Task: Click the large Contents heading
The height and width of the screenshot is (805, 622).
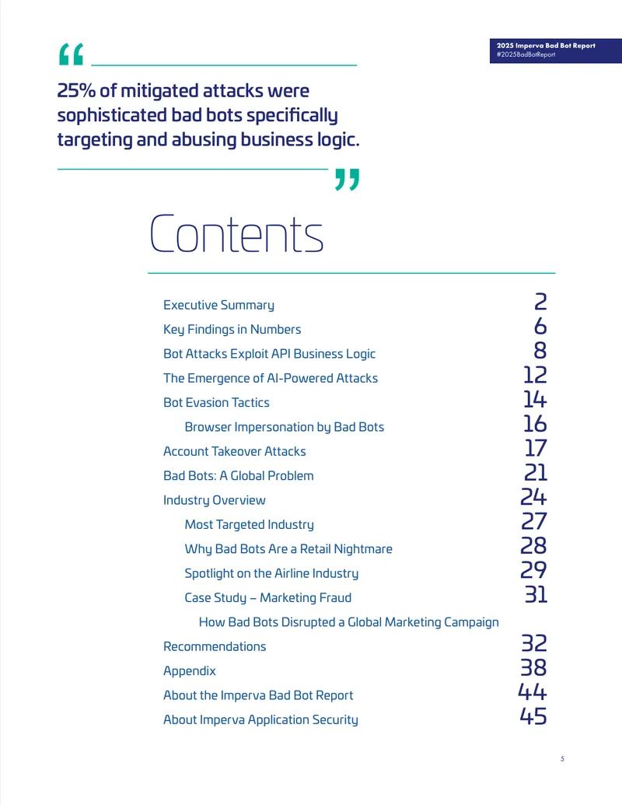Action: tap(236, 233)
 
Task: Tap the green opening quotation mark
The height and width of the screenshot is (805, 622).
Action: tap(72, 54)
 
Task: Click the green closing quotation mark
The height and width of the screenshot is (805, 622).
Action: tap(348, 179)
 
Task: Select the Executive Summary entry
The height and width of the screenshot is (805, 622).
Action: tap(218, 305)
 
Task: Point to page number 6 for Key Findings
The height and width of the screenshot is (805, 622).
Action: tap(540, 326)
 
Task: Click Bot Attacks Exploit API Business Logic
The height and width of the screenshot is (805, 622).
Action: tap(270, 354)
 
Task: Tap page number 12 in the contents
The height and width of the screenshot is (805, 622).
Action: tap(535, 375)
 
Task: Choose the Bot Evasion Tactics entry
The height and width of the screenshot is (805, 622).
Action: tap(216, 403)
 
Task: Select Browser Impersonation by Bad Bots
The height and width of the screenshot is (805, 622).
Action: tap(285, 427)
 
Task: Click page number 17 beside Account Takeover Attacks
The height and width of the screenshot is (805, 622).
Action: tap(536, 448)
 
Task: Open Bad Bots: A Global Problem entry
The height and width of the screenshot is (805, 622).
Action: tap(238, 476)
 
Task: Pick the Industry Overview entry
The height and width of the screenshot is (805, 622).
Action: tap(215, 500)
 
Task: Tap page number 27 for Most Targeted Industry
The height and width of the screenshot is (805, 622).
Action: tap(534, 521)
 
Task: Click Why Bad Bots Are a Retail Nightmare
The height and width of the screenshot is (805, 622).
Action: tap(288, 549)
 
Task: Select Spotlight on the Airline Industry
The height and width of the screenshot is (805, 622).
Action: tap(271, 573)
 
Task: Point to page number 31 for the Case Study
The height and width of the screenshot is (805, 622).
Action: tap(536, 594)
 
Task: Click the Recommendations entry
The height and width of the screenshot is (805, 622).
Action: tap(215, 646)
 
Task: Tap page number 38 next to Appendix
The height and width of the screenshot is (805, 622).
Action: tap(533, 667)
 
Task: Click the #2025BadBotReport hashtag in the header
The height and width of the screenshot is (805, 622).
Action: tap(526, 54)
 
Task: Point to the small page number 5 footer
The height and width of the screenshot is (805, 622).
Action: tap(562, 759)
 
